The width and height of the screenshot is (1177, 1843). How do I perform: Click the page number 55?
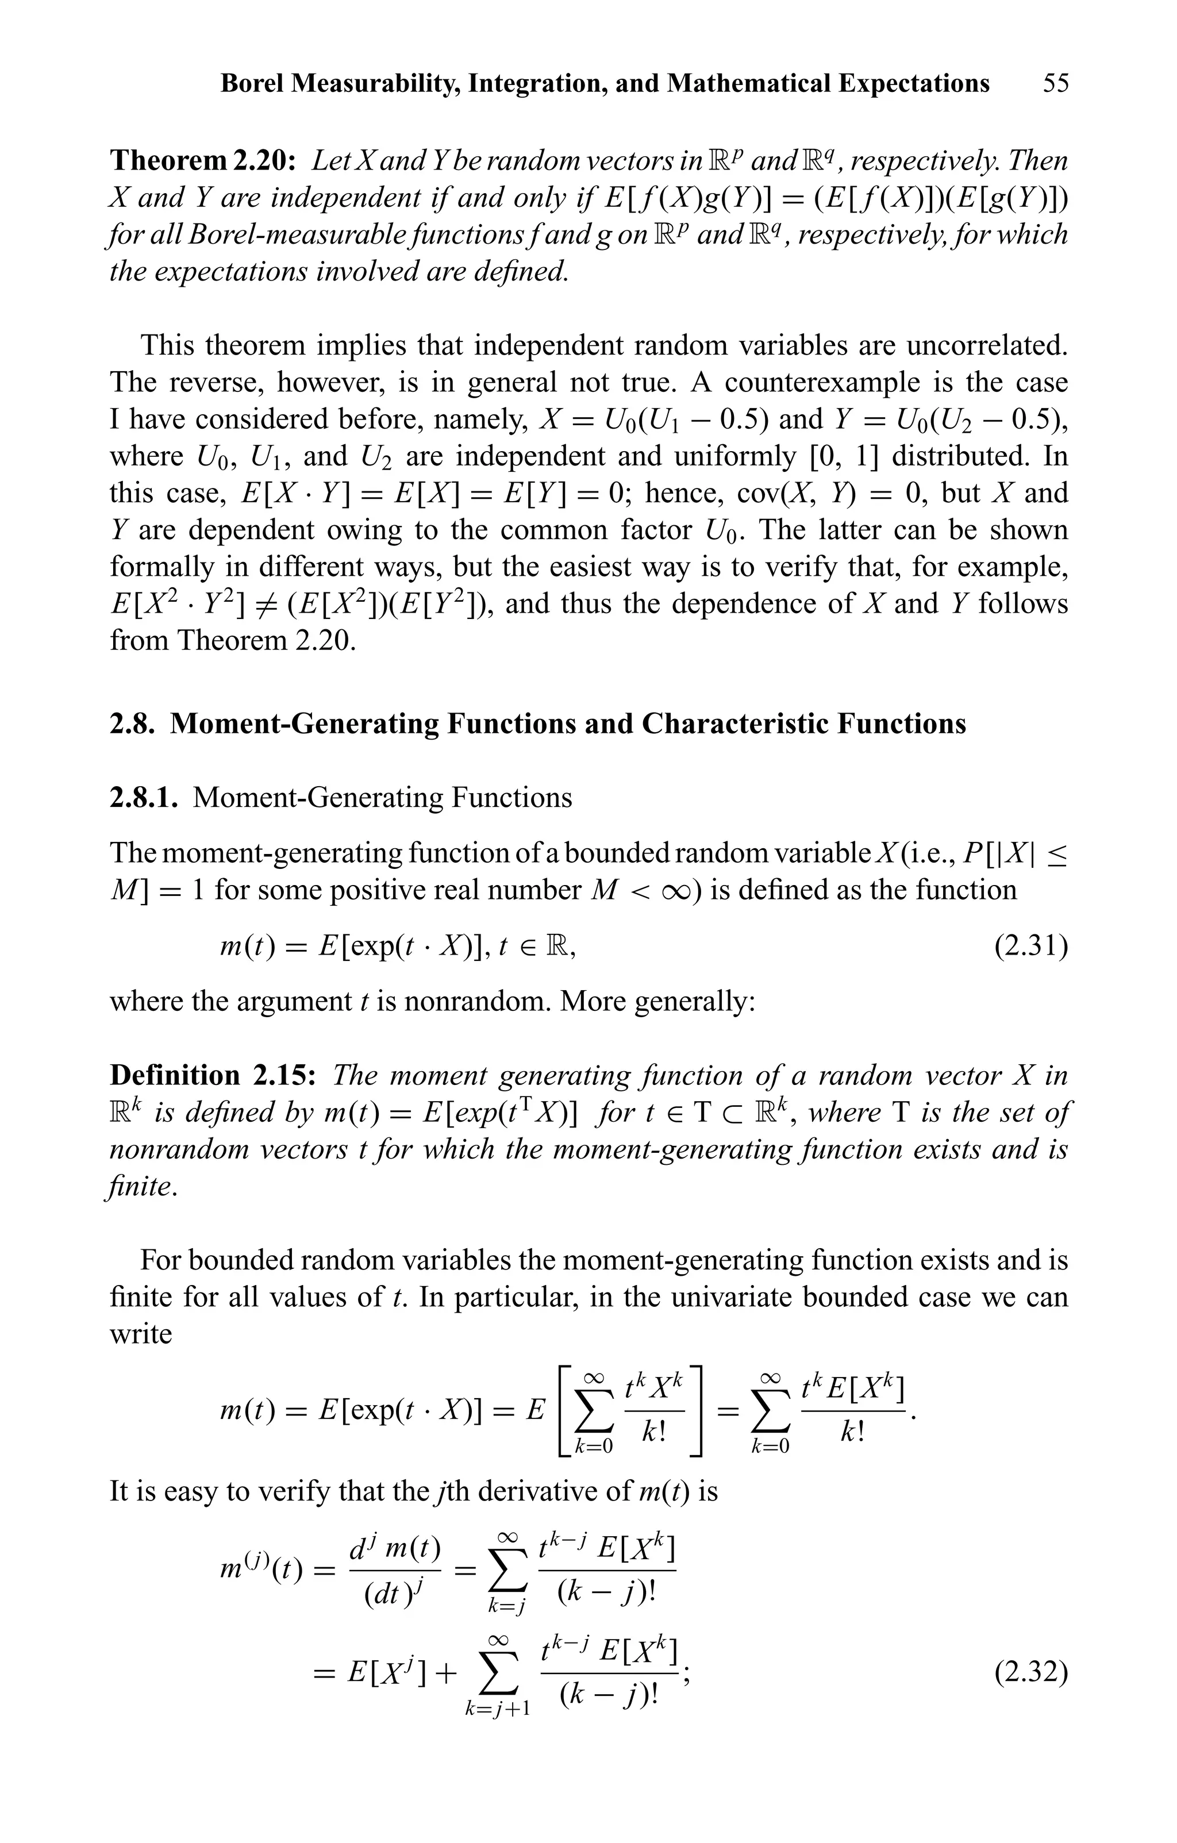point(1055,83)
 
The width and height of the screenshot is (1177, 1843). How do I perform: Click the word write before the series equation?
point(141,1334)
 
